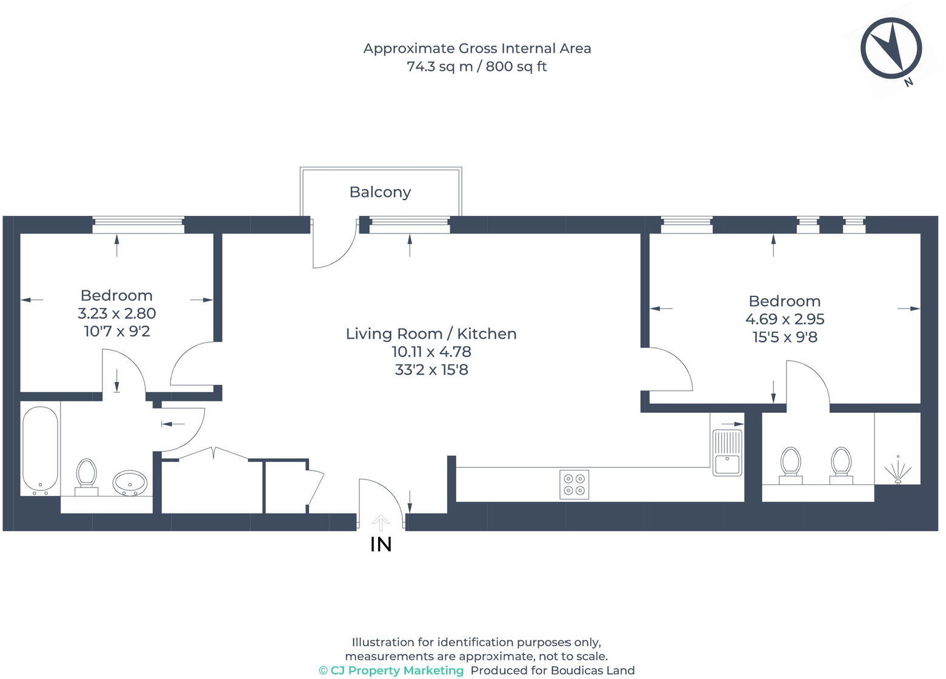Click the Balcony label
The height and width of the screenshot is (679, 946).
tap(380, 192)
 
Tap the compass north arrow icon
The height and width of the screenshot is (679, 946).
tap(891, 48)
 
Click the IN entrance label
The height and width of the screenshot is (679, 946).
tap(381, 544)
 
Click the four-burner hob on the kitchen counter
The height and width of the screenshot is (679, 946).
tap(574, 484)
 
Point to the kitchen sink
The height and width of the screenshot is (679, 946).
tap(727, 453)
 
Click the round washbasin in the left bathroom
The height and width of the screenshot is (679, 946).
tap(130, 483)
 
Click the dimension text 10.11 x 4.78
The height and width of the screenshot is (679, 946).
tap(431, 352)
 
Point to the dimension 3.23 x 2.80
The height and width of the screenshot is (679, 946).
tap(116, 313)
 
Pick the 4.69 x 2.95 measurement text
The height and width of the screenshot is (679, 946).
tap(785, 319)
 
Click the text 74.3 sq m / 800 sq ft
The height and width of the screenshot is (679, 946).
tap(477, 66)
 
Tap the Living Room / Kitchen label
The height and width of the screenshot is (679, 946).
tap(431, 333)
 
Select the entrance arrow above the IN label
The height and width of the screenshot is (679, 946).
tap(381, 523)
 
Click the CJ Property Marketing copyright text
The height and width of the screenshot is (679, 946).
tap(391, 671)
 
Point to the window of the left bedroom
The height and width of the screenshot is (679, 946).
tap(138, 225)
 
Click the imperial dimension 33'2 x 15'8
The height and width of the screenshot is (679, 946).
tap(431, 370)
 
